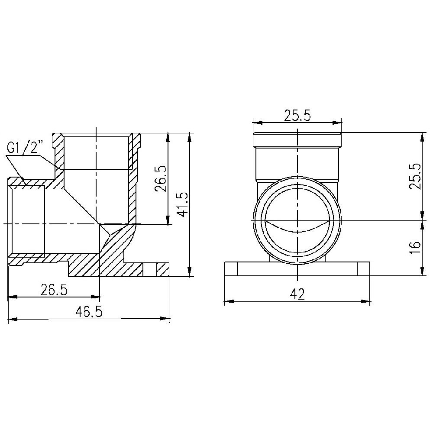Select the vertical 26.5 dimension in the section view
tap(160, 178)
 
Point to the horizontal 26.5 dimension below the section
tap(54, 289)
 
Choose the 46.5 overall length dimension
tap(89, 312)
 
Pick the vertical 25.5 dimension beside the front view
tap(414, 177)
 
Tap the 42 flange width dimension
tap(297, 294)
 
